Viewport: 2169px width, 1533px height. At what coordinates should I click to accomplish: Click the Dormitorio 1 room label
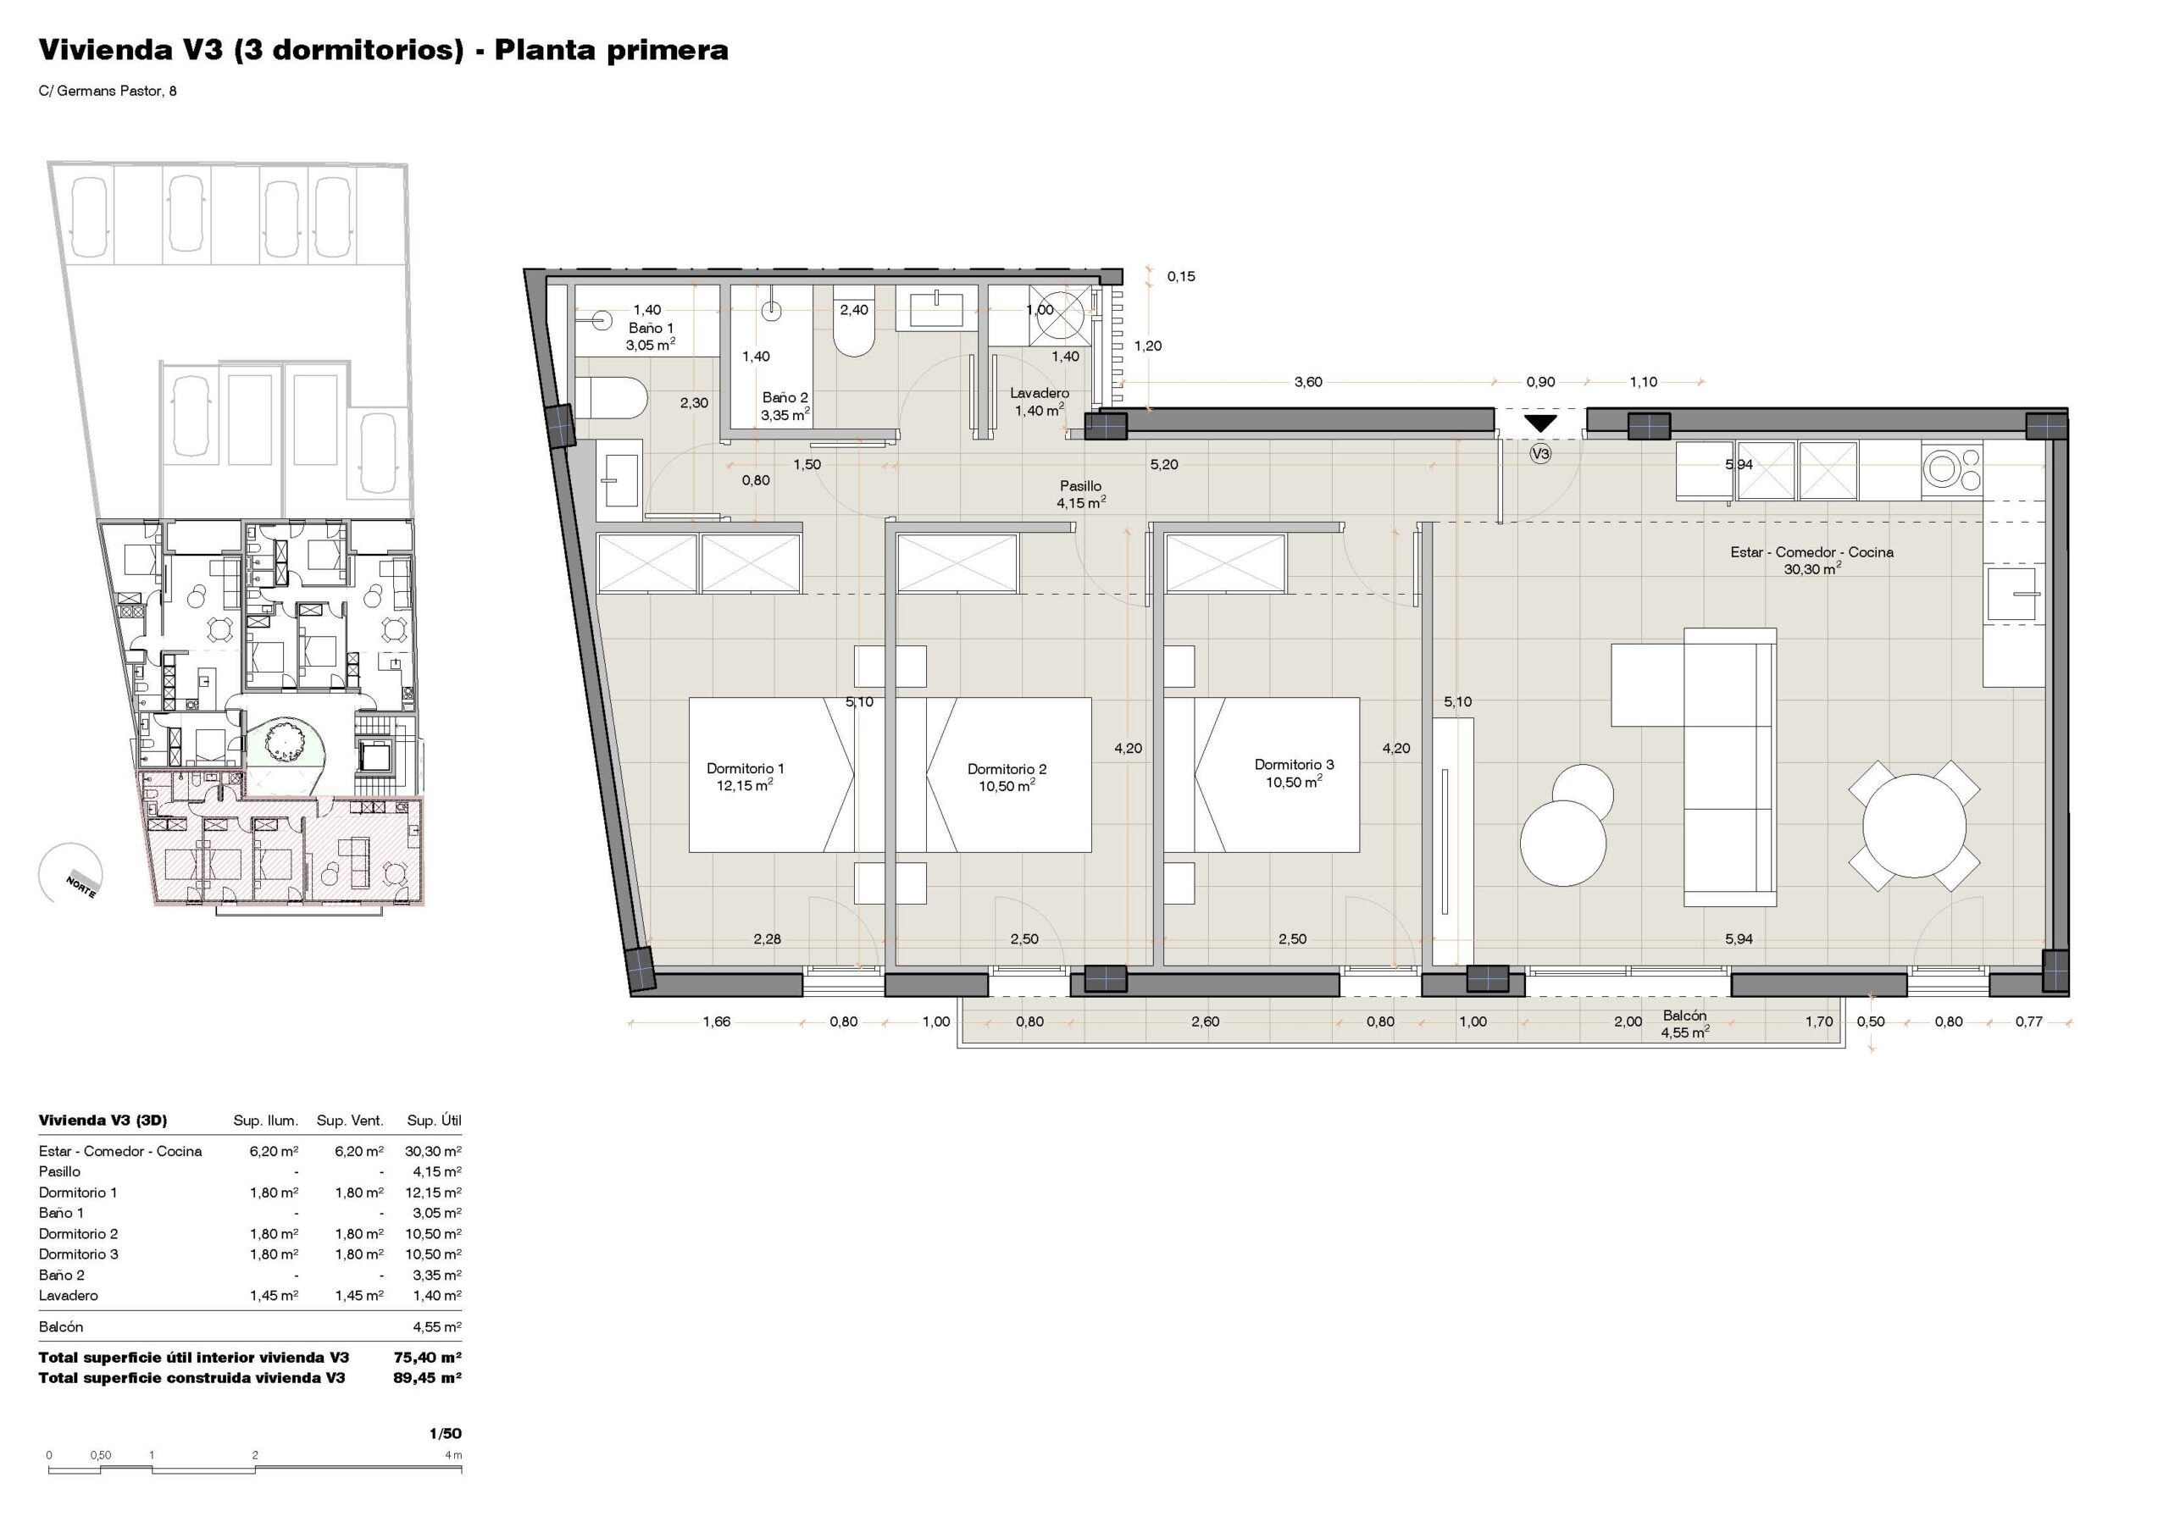click(x=746, y=769)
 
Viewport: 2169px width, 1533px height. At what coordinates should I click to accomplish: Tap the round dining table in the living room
click(x=1914, y=827)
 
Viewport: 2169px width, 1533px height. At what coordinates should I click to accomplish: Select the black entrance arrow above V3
click(x=1539, y=423)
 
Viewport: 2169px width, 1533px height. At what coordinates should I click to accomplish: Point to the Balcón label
click(x=1684, y=1016)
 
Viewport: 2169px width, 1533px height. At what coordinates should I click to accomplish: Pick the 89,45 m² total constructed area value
click(x=427, y=1378)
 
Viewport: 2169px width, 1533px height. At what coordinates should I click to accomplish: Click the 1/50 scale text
click(x=445, y=1433)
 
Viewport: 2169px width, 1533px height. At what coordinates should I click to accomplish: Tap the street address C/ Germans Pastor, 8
click(x=108, y=91)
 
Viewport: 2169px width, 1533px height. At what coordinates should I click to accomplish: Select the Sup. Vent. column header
click(x=350, y=1121)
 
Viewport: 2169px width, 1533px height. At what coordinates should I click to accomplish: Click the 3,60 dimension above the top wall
click(x=1308, y=383)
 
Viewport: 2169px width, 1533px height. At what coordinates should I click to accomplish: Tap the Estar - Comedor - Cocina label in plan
click(x=1812, y=552)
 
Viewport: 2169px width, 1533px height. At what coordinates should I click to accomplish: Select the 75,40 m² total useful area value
click(x=427, y=1358)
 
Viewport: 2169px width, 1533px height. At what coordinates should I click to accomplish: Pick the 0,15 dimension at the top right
click(x=1181, y=277)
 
